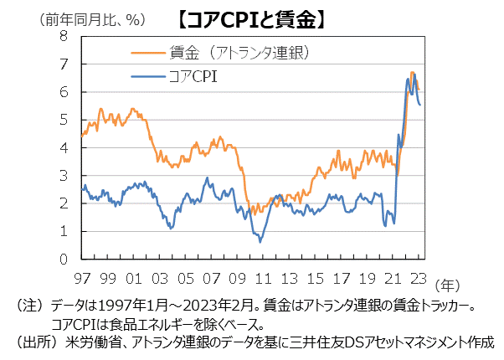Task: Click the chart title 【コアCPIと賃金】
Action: [x=251, y=16]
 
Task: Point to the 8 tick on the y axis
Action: [x=64, y=36]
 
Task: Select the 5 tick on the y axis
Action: [x=64, y=120]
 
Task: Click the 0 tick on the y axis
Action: [x=64, y=259]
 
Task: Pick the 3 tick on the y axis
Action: [x=64, y=175]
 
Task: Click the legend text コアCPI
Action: [x=194, y=79]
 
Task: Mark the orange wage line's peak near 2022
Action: [x=412, y=74]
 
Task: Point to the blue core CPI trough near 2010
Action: [x=260, y=242]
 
